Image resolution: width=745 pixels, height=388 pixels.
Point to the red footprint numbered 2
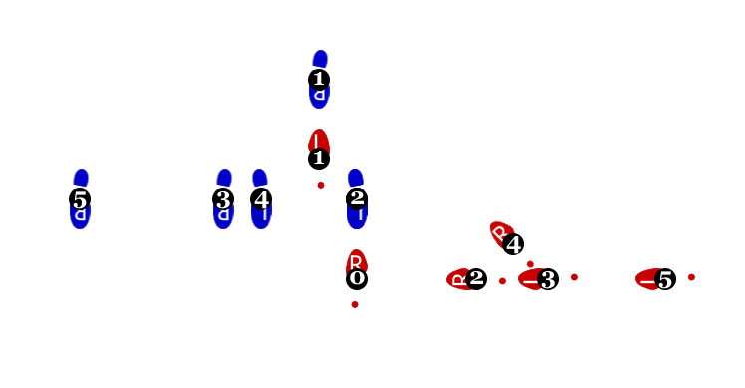(x=464, y=279)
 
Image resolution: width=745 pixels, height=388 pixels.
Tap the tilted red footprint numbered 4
(x=504, y=237)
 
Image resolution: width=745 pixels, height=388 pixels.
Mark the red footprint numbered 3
(x=536, y=280)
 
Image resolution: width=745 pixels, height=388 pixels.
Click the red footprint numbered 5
(x=653, y=280)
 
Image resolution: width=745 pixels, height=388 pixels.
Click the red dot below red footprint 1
(x=321, y=185)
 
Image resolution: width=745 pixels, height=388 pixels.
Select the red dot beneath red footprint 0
(x=355, y=304)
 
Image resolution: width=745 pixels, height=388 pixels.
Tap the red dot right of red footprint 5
(x=691, y=277)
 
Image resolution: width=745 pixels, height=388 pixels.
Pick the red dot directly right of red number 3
(x=574, y=277)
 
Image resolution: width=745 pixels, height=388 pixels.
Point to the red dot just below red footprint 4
(x=530, y=264)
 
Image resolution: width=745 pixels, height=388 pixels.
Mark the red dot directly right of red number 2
(x=502, y=281)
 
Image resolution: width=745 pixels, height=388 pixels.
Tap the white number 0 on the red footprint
(x=357, y=278)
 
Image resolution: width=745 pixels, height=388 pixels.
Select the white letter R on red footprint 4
(x=499, y=232)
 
